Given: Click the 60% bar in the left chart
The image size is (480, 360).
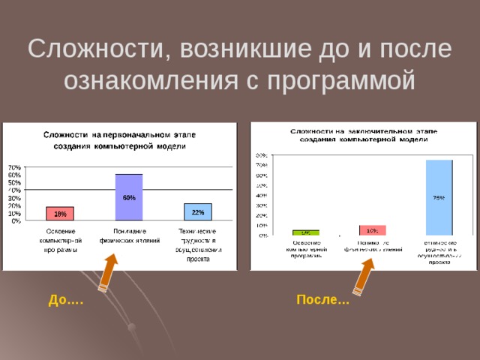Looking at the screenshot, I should point(129,197).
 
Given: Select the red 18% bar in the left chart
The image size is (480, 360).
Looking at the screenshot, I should point(60,214).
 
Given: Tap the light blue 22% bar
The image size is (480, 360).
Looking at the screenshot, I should point(197,212).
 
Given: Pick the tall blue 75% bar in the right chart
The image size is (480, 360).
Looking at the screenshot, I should point(439,198).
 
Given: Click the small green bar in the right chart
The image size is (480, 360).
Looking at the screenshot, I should point(306,232).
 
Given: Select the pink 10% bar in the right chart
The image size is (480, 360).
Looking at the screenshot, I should point(372,230).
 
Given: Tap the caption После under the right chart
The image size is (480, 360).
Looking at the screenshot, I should point(318,301).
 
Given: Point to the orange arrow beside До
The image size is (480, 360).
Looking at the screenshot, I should point(109,271).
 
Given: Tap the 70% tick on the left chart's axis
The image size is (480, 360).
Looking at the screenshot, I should point(14,167).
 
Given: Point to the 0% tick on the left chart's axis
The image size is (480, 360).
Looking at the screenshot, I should point(16,221).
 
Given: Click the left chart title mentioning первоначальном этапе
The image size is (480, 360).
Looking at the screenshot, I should point(119,139).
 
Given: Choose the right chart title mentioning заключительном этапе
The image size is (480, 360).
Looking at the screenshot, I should point(363,135).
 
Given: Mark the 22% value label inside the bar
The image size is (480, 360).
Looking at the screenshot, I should point(197,212).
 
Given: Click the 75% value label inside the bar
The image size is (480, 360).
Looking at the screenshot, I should point(439,198).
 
